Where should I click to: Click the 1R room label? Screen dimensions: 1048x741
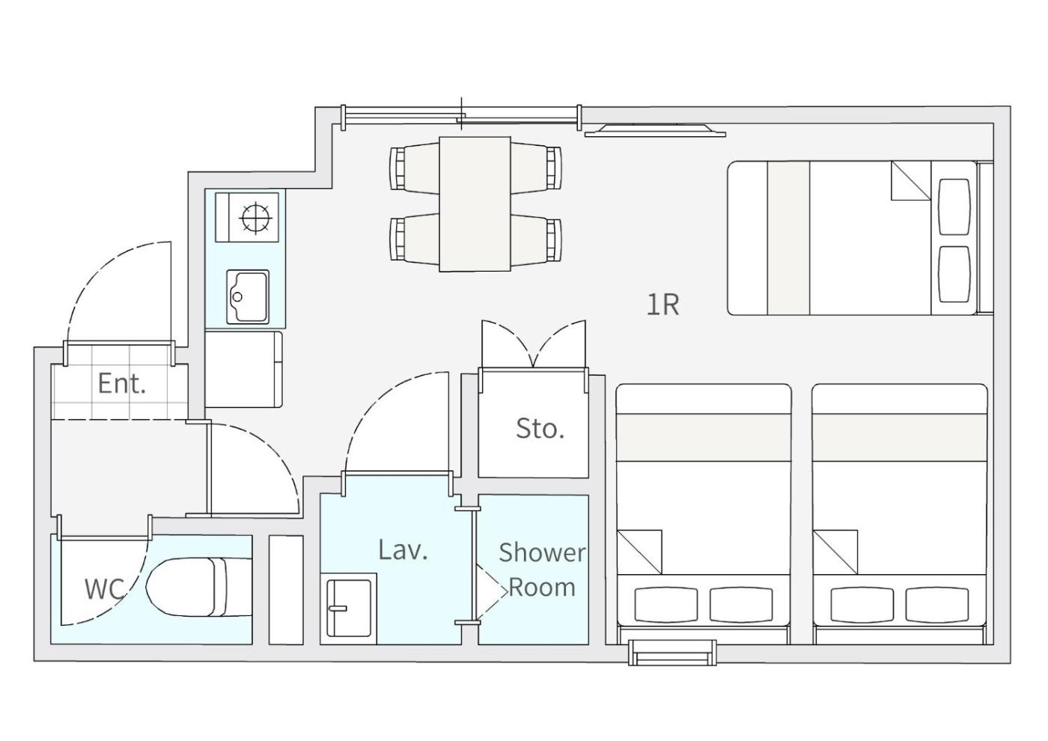(662, 305)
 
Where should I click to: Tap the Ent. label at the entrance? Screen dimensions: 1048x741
(121, 383)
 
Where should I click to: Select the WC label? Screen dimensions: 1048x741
(104, 588)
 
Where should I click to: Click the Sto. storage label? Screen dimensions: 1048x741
(540, 428)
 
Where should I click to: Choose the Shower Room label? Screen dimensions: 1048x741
(542, 570)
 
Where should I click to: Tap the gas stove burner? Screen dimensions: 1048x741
(255, 218)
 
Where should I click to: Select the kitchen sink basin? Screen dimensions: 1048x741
(248, 296)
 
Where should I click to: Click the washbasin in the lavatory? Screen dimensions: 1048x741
(349, 608)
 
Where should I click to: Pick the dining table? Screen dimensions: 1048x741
(475, 204)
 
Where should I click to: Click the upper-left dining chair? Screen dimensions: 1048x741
(415, 168)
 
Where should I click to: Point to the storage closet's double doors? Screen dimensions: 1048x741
(533, 345)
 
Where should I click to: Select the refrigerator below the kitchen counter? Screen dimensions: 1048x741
(243, 369)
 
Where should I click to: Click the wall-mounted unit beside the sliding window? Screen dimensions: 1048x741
(655, 130)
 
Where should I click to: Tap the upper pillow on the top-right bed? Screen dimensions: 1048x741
(954, 207)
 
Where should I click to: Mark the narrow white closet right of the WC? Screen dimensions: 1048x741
(286, 590)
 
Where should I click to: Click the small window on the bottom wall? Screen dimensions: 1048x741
(672, 652)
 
